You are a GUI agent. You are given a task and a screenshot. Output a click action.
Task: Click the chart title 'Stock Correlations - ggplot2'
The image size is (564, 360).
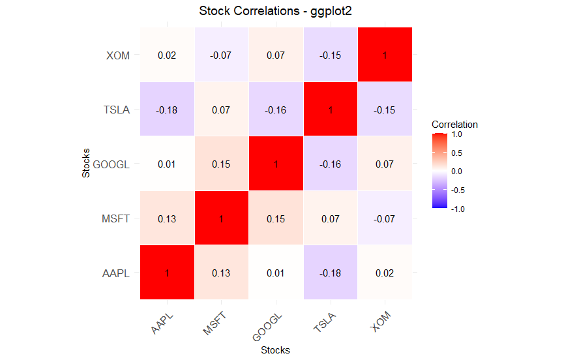coord(275,11)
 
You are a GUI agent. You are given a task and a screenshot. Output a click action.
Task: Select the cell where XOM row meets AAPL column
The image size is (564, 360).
coord(167,55)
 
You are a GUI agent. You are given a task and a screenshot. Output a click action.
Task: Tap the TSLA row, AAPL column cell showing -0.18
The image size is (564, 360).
coord(167,110)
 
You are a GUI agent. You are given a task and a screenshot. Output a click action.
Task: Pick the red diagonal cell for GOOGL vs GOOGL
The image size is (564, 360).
coord(276,164)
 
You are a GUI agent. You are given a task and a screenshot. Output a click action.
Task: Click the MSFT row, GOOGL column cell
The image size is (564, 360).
coord(276,218)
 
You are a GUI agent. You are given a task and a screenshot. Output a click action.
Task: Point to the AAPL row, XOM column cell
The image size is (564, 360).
coord(384,273)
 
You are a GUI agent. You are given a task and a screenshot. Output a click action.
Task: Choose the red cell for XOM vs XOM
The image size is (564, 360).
coord(384,55)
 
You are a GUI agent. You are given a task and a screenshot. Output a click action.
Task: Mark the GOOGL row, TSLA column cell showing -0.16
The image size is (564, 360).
coord(330,164)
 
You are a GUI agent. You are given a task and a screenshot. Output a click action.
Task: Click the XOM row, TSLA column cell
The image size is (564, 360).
coord(330,55)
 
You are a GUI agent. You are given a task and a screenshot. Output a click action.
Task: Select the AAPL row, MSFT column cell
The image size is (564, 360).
coord(221,273)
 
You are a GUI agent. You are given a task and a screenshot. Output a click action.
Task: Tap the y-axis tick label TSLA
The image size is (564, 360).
coord(117,110)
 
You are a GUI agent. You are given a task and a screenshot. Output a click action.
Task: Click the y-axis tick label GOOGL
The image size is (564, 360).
coord(111,164)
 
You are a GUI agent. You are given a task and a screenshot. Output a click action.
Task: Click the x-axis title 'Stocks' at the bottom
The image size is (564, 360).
coord(275,350)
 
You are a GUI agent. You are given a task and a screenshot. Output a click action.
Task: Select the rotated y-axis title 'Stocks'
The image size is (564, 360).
coord(85,164)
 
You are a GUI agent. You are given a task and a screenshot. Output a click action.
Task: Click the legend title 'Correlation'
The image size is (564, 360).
coord(454,124)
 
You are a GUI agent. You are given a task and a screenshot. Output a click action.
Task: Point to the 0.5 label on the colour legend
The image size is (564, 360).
coord(456,153)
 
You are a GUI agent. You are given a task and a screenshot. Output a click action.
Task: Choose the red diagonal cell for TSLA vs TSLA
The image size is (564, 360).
coord(330,110)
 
